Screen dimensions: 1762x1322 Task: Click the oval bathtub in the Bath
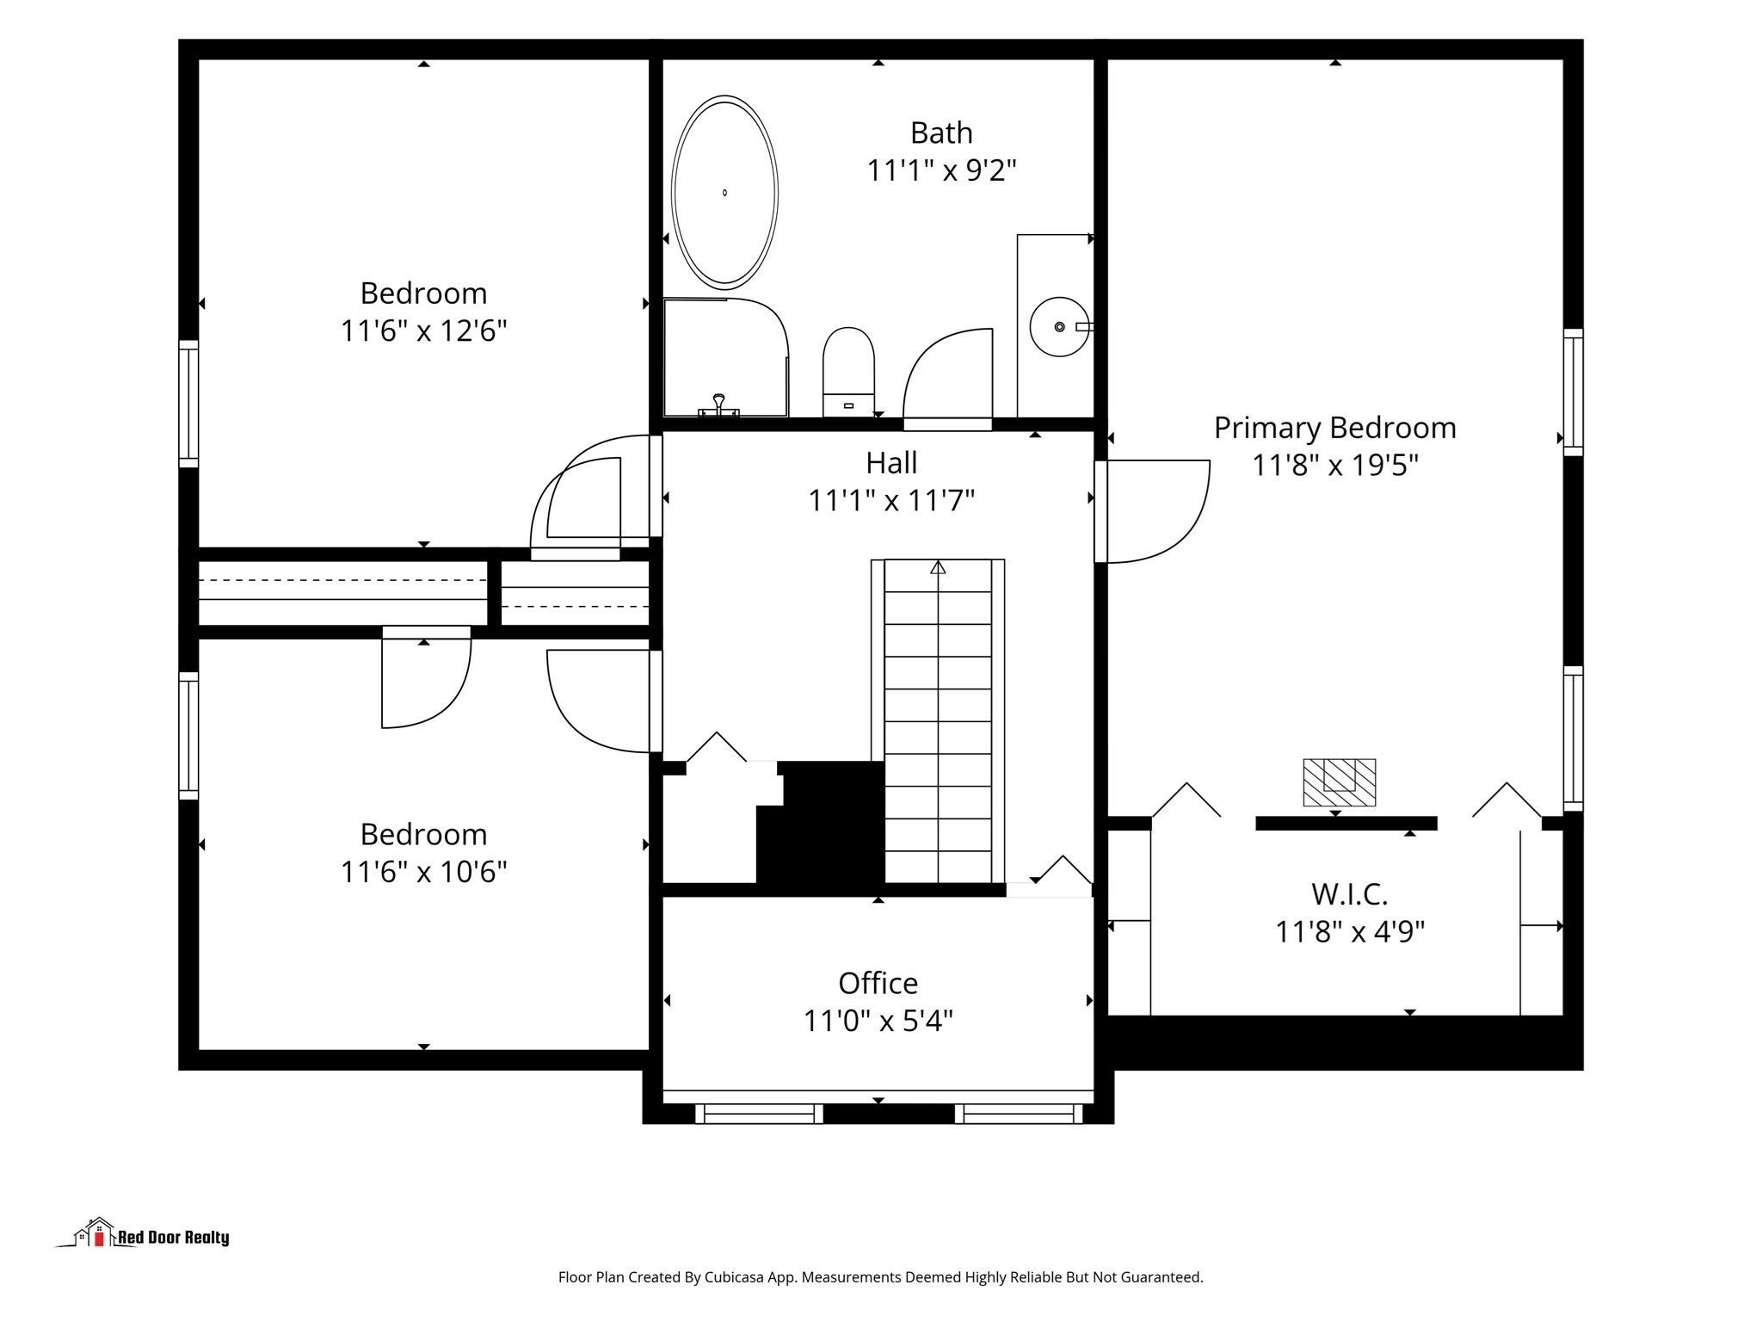[724, 192]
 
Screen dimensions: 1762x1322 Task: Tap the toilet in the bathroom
[848, 372]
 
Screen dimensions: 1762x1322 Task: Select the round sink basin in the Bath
[1059, 326]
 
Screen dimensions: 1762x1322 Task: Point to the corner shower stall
[726, 357]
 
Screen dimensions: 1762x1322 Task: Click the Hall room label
[891, 462]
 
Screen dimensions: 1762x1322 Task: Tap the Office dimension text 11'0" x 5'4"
[878, 1021]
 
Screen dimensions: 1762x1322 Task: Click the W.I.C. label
[1349, 894]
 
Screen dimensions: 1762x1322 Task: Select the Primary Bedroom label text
[1334, 428]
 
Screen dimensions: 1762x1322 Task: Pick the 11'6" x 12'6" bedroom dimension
[423, 330]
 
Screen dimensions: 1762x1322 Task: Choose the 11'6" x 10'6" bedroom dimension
[423, 872]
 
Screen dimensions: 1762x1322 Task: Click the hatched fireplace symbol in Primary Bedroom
[1339, 782]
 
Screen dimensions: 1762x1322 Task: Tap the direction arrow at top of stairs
[938, 567]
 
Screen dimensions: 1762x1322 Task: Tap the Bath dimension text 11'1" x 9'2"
[941, 170]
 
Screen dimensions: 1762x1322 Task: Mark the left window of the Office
[759, 1114]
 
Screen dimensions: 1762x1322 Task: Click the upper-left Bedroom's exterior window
[188, 404]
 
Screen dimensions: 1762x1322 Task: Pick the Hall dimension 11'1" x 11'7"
[891, 500]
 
